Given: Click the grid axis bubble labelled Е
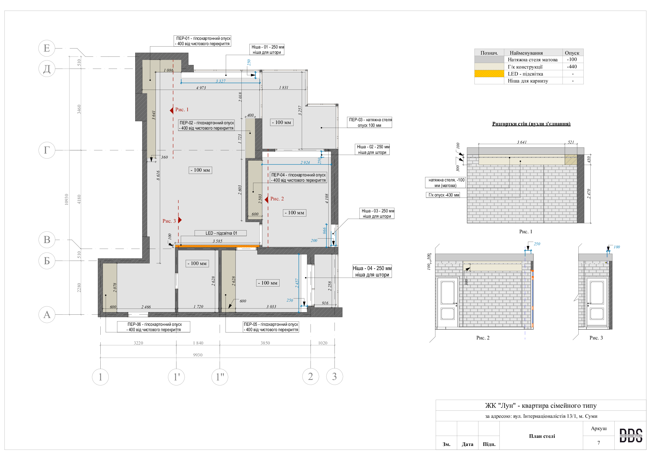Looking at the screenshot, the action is point(47,48).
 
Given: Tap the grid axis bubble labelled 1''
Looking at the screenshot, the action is point(220,377).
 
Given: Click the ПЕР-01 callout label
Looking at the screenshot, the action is point(202,41).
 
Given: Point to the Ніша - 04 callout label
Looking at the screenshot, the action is point(372,271).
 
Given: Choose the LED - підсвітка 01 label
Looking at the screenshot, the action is point(221,233).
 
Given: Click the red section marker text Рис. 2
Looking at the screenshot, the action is point(277,199).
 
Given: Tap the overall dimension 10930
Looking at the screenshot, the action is point(66,199).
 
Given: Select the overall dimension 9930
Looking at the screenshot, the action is point(198,355).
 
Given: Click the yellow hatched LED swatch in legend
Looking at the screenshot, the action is point(489,74).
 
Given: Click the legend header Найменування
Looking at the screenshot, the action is point(526,53).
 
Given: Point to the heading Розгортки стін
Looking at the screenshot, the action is point(531,124).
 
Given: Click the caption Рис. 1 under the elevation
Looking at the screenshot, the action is point(526,232).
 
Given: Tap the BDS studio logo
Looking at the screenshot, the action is point(631,435).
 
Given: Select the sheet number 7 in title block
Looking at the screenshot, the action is point(598,443).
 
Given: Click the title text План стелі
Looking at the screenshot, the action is point(542,436).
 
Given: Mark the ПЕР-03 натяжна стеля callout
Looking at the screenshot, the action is point(369,122).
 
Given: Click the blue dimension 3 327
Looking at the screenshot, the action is point(220,81).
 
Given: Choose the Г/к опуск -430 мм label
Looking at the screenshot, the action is point(443,195).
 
